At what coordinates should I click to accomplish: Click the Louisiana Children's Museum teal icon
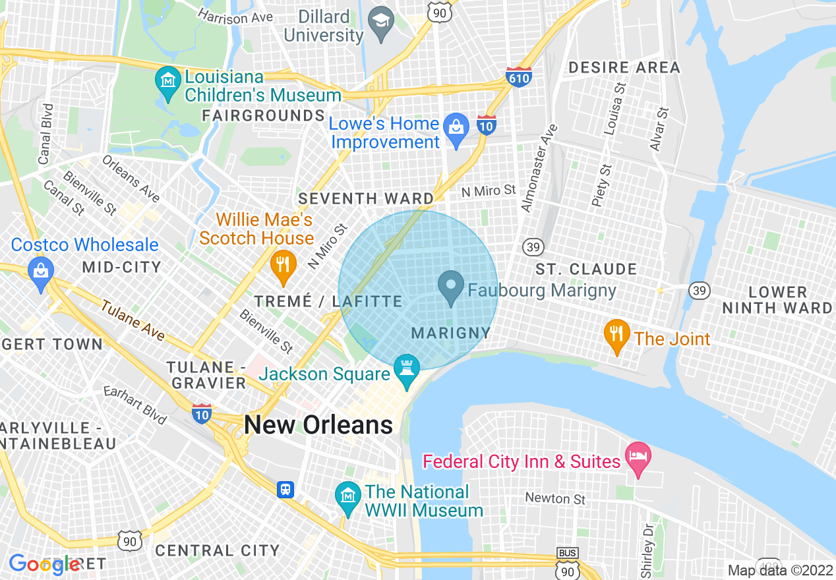pos(168,82)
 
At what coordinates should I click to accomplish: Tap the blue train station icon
pos(285,489)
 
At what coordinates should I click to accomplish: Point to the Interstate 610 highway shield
pos(519,77)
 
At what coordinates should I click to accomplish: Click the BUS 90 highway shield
pos(567,561)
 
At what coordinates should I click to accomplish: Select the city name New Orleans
pos(318,425)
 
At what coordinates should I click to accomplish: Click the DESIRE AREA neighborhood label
pos(624,67)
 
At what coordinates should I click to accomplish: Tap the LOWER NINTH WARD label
pos(777,300)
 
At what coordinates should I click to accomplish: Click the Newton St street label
pos(555,498)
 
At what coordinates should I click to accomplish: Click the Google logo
pos(44,564)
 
